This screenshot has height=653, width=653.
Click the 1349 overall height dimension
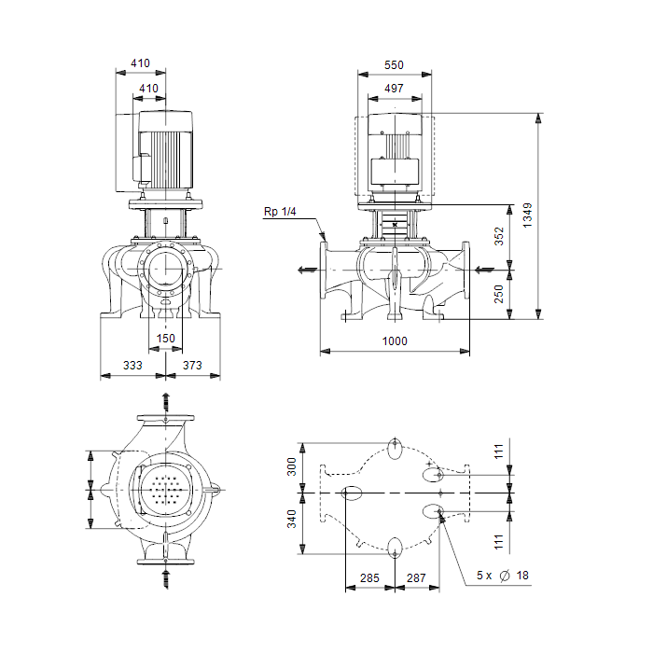click(527, 215)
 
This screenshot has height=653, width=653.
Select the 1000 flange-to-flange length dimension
click(395, 341)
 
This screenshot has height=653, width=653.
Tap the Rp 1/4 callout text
click(280, 212)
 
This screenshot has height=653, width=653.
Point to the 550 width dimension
click(394, 65)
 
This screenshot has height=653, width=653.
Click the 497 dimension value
click(394, 89)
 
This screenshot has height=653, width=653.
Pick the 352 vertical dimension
click(499, 236)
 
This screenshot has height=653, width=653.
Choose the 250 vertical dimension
click(499, 294)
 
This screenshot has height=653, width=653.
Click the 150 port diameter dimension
click(166, 338)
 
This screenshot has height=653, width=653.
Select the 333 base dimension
click(132, 366)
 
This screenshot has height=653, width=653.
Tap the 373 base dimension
click(192, 366)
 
